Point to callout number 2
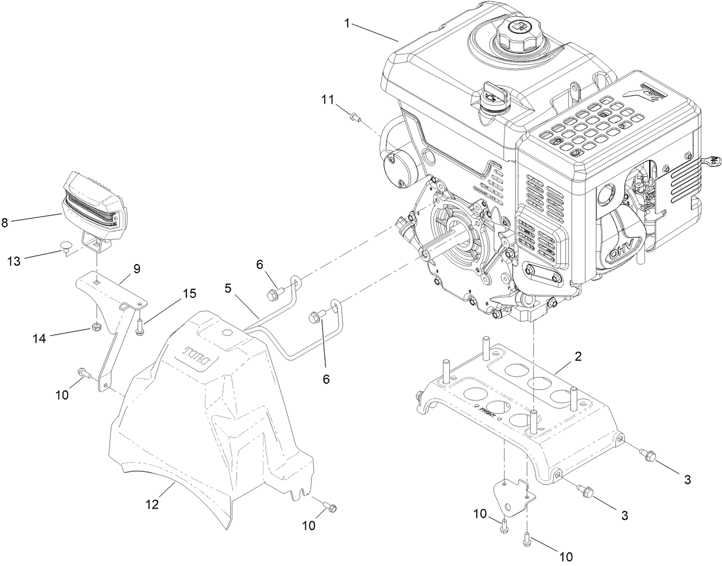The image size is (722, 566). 578,356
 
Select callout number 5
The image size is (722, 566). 228,288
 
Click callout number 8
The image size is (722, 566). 5,222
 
